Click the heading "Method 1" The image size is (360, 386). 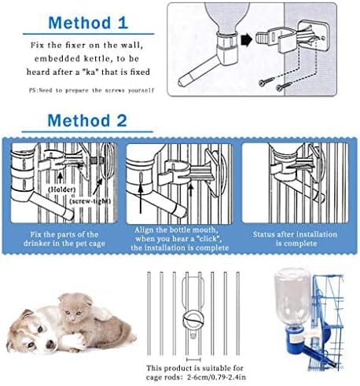[x=88, y=23]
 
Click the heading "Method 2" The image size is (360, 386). [x=87, y=120]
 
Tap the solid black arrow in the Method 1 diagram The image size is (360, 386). [x=246, y=39]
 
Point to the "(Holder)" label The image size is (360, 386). [x=61, y=189]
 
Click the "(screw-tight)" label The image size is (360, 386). [x=90, y=201]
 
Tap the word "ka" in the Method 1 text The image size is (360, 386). [x=92, y=72]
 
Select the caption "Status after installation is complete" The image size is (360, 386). [x=295, y=239]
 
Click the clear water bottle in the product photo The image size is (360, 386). [x=292, y=297]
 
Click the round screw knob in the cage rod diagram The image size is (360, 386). [x=193, y=320]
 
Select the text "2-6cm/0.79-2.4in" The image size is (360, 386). [x=216, y=377]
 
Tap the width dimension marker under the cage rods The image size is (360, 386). [x=193, y=359]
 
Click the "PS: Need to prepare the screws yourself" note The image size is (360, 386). [x=91, y=90]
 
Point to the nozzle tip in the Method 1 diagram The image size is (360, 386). [x=180, y=83]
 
